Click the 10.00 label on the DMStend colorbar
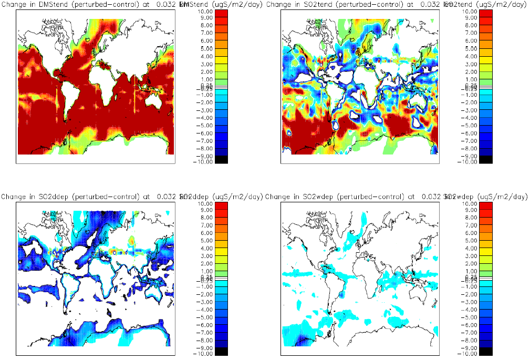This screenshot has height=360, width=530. [205, 11]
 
